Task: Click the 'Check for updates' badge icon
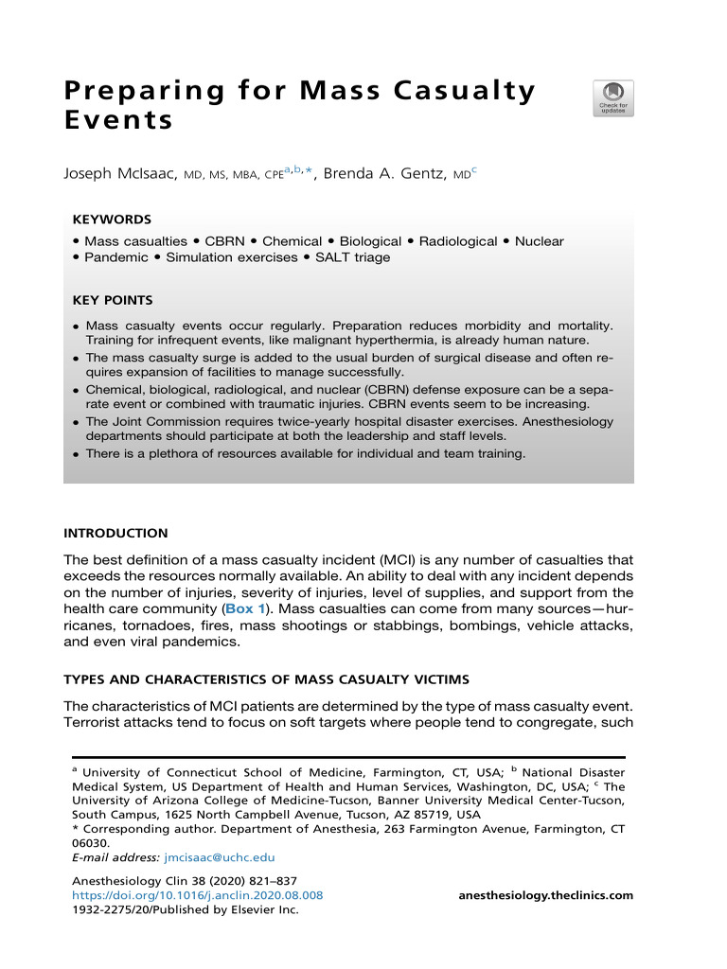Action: pos(613,98)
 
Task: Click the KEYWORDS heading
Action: pos(111,220)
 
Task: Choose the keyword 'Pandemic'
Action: pos(115,257)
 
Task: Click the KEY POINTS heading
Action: pos(113,301)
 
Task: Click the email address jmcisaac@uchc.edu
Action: pos(219,857)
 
